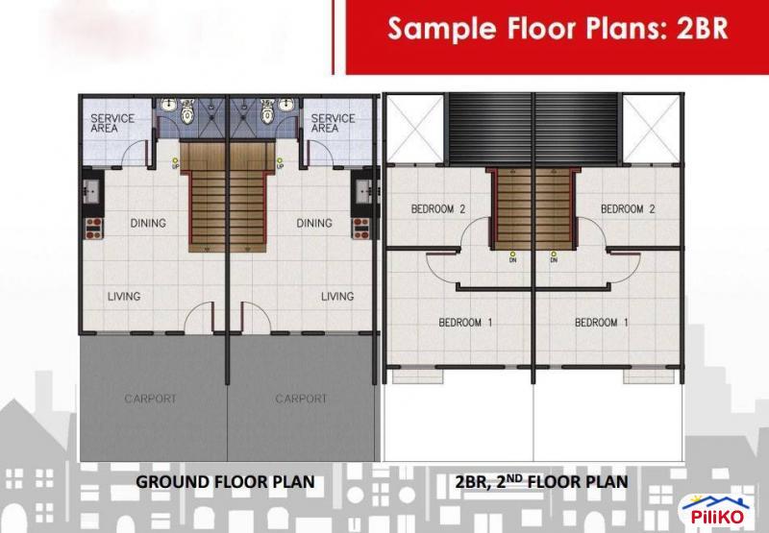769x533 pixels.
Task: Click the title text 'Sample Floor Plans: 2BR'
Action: click(x=557, y=29)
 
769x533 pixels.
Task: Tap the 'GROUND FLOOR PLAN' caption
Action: click(x=225, y=480)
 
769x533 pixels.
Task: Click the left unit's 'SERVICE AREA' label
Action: click(x=112, y=123)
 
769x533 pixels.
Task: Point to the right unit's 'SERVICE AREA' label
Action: click(x=332, y=123)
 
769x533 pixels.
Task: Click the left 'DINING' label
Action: click(x=148, y=224)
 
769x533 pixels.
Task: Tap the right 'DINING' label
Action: click(x=314, y=224)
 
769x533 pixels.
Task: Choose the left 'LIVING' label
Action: click(x=123, y=297)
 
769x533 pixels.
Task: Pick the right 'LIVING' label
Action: click(x=337, y=297)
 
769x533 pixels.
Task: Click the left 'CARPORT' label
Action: click(x=150, y=399)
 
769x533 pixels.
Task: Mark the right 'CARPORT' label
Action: click(x=301, y=399)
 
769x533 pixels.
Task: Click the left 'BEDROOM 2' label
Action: click(x=438, y=209)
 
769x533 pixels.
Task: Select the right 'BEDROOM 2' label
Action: click(x=629, y=209)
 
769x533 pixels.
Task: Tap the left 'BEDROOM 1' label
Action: click(x=465, y=323)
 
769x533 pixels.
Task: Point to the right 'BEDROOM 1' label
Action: click(x=601, y=323)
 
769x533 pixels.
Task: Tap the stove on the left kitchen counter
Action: click(x=94, y=230)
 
